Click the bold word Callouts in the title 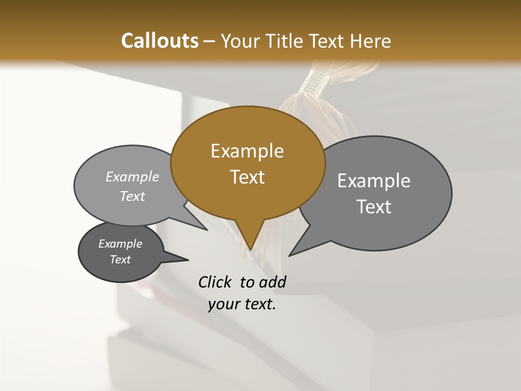160,41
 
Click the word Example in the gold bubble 247,151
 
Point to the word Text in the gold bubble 247,177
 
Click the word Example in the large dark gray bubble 374,181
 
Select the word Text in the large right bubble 374,207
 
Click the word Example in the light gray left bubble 132,177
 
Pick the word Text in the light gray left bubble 132,196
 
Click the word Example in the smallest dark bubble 120,244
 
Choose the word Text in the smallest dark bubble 120,260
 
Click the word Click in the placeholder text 215,282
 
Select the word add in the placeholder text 272,282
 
